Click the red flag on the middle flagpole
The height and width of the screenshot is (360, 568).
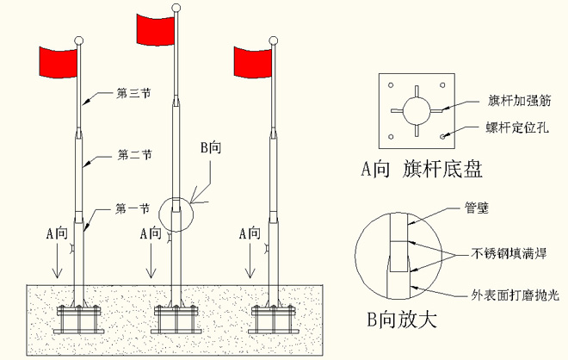point(156,28)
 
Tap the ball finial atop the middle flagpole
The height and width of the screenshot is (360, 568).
point(176,9)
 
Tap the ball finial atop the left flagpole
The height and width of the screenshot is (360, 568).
point(79,40)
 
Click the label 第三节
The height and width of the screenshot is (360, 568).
point(133,92)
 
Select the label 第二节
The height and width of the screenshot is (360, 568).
point(133,155)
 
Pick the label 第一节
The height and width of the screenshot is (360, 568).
point(133,208)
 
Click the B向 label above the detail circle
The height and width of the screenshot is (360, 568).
point(211,149)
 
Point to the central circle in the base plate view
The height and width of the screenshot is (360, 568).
point(417,110)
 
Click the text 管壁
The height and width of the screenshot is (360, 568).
point(477,207)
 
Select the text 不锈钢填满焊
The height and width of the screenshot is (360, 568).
point(507,254)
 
